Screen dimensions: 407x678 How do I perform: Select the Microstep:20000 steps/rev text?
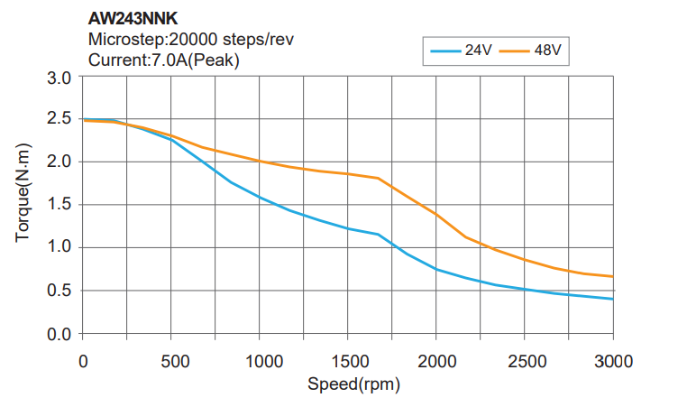(x=190, y=40)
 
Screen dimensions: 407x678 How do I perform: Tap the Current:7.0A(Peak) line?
(x=164, y=60)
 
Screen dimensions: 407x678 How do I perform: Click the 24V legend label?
(x=478, y=51)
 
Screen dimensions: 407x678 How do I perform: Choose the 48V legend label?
(x=547, y=51)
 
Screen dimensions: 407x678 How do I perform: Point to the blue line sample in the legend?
(x=445, y=51)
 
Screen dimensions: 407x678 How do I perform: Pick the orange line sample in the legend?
(x=514, y=51)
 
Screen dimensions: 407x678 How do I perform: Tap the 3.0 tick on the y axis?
(x=60, y=78)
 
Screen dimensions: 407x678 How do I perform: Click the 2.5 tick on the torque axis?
(x=60, y=118)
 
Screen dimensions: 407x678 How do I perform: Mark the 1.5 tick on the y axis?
(x=60, y=204)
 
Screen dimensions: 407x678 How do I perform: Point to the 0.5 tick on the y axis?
(x=60, y=290)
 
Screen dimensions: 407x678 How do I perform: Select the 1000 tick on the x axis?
(x=259, y=362)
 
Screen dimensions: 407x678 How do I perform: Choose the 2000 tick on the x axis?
(x=436, y=362)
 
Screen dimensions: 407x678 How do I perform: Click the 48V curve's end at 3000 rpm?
(x=613, y=276)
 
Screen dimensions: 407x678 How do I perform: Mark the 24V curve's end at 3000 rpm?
(x=613, y=299)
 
